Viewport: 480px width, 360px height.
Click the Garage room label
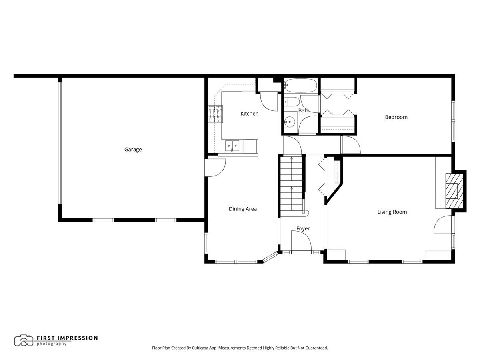pos(133,150)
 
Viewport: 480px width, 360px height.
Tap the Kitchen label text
pos(249,114)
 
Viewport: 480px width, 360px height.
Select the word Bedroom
pos(396,117)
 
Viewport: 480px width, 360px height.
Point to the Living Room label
pos(392,212)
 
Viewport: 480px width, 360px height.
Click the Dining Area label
pos(242,209)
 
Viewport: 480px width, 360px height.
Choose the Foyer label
pos(303,229)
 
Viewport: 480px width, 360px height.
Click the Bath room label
pos(304,111)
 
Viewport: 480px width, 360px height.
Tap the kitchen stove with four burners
pos(215,114)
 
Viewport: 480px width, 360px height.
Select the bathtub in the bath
pos(300,85)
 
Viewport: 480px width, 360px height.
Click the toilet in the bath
pos(291,101)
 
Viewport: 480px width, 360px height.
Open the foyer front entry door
pos(301,242)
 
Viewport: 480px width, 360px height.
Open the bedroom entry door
pos(350,145)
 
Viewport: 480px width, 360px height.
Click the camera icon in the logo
pos(24,340)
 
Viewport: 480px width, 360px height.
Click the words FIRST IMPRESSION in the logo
pos(67,338)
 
